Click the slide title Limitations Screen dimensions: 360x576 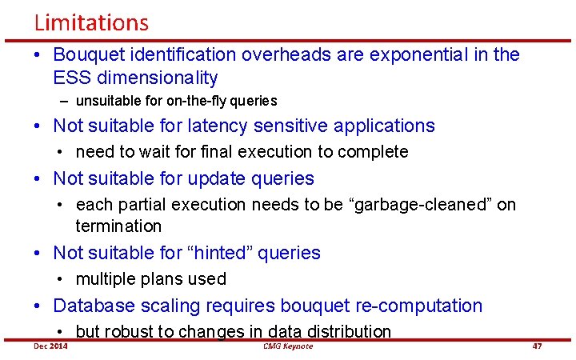(x=91, y=22)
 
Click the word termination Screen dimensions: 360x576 (x=118, y=226)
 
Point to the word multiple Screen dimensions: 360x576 (x=106, y=279)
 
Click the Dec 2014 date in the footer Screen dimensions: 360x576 (x=50, y=346)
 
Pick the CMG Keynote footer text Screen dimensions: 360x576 (x=287, y=346)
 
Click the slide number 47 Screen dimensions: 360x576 (x=537, y=346)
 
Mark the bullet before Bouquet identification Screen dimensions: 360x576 (x=38, y=55)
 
